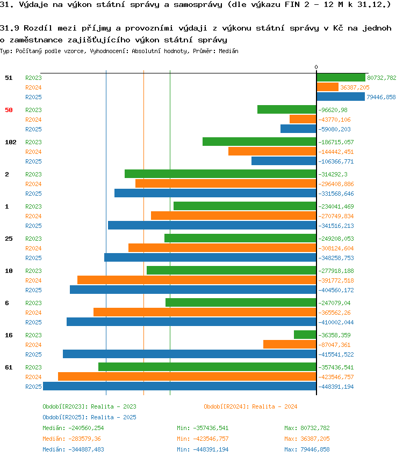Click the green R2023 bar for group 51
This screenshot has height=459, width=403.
[x=341, y=78]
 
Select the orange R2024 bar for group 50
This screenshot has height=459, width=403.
[x=303, y=119]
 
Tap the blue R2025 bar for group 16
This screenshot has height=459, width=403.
[x=190, y=354]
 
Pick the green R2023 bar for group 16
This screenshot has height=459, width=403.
[x=305, y=335]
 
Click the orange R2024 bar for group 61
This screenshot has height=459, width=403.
[x=187, y=376]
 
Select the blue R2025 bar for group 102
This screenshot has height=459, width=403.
[x=284, y=161]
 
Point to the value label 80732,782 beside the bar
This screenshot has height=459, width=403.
[x=382, y=78]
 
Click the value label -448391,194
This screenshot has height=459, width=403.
[x=336, y=387]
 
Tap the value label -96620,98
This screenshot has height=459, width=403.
[x=333, y=110]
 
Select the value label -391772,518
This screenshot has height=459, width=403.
[x=336, y=280]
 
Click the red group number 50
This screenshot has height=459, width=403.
[x=9, y=110]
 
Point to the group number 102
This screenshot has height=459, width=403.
[x=11, y=142]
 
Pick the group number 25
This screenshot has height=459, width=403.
[x=9, y=239]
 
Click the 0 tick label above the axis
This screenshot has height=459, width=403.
[x=316, y=67]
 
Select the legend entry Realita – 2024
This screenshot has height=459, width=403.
[x=275, y=406]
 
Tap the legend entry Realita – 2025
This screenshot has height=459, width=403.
[x=113, y=417]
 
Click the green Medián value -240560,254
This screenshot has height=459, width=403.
[x=86, y=428]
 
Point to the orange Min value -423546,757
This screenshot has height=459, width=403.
[x=211, y=439]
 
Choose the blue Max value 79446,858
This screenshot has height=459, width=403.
[x=315, y=449]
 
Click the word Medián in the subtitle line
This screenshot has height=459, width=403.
[x=228, y=51]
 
